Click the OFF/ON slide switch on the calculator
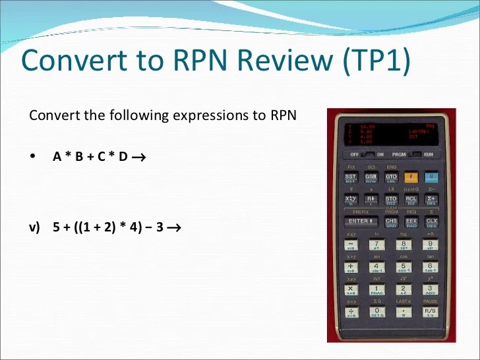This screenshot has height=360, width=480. click(371, 155)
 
